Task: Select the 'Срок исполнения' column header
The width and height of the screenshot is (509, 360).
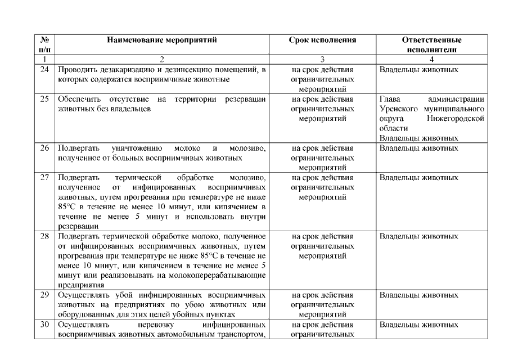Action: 322,40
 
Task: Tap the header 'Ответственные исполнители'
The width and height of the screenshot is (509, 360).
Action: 431,44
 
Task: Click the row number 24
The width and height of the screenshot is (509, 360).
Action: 44,70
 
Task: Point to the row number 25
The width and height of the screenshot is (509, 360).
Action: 44,99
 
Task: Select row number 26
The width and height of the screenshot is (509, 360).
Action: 44,148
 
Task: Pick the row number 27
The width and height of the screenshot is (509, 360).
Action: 44,178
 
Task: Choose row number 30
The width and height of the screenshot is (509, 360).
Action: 44,325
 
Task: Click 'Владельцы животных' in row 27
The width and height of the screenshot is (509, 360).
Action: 419,178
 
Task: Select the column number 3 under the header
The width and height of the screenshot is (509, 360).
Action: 322,58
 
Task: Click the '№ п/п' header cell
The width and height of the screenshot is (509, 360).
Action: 44,44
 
